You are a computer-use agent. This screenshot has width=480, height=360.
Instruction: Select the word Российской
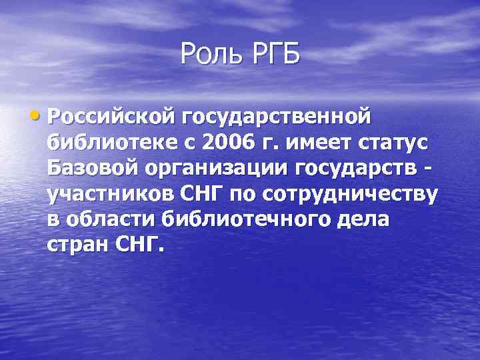(110, 119)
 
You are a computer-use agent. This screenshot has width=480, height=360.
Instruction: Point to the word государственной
(275, 119)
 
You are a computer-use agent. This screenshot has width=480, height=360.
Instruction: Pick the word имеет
(305, 143)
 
